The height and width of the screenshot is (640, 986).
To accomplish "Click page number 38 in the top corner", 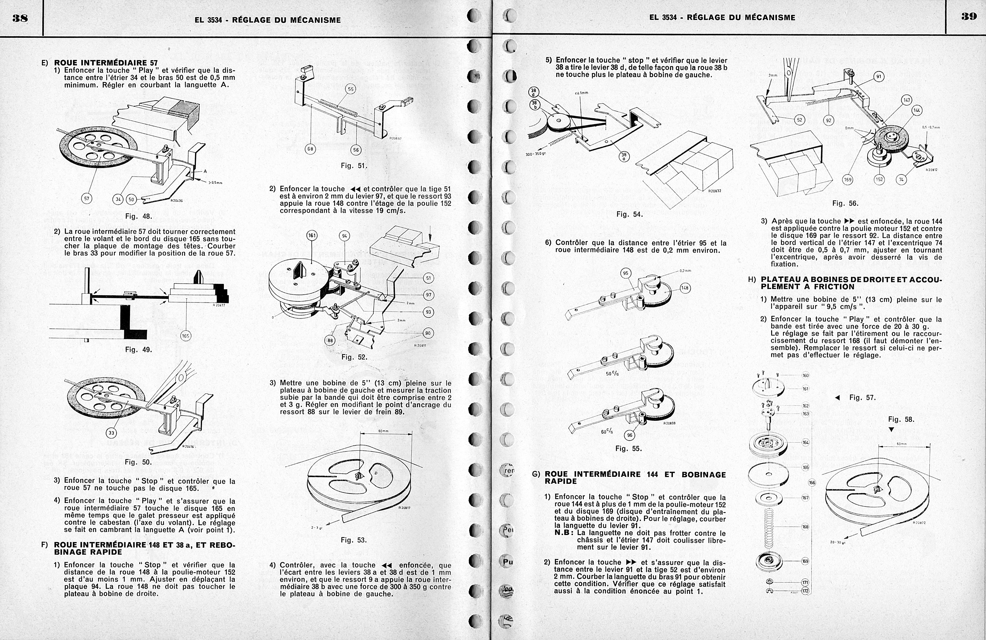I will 20,18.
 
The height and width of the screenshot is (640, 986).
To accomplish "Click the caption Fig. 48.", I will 138,216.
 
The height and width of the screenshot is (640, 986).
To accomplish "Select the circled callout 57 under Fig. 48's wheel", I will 86,198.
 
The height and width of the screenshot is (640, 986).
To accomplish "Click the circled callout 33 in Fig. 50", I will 111,433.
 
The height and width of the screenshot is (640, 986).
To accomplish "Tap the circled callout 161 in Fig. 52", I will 312,236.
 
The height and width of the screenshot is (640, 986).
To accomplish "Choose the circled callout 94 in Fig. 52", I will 345,236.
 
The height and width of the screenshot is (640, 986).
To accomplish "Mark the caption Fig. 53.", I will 354,540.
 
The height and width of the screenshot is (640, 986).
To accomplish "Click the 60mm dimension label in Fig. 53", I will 384,431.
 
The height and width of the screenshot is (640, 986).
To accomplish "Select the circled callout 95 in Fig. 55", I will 626,273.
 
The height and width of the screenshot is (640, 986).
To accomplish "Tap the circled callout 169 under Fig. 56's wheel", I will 848,180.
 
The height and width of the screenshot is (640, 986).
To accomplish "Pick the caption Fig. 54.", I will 629,214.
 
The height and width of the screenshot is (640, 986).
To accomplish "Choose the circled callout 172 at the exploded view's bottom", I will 805,591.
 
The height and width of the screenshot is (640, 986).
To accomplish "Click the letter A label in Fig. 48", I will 205,172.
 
